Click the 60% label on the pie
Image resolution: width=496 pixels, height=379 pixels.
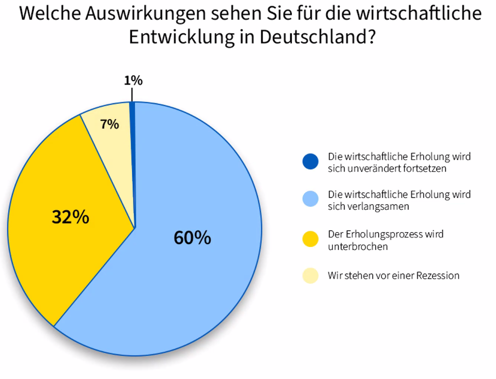click(192, 238)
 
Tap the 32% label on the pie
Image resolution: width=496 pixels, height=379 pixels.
click(71, 217)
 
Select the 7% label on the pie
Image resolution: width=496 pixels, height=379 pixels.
click(110, 124)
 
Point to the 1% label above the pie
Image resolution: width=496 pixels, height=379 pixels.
click(133, 80)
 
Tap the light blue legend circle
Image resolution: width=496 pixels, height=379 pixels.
click(310, 199)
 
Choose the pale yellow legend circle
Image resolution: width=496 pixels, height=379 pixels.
click(310, 275)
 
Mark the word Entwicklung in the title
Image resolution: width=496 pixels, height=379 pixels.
click(184, 38)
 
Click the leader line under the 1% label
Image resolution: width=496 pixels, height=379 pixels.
click(132, 94)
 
